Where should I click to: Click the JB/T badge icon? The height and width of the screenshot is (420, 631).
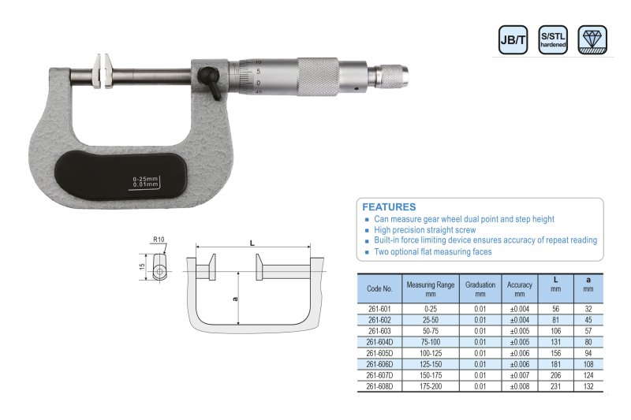(513, 39)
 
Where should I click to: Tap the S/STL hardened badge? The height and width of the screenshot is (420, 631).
(553, 39)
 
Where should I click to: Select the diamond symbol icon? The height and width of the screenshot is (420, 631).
(592, 39)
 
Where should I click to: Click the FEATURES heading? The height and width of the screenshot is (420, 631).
(389, 207)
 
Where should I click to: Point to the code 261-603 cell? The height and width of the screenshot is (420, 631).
(379, 331)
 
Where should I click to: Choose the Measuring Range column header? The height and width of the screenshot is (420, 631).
(430, 289)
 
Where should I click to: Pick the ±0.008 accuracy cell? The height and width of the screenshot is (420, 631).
(519, 386)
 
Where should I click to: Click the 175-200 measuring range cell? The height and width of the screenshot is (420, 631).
(430, 386)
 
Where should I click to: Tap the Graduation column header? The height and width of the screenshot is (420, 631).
(480, 289)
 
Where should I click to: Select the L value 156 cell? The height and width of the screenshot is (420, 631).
(555, 353)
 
